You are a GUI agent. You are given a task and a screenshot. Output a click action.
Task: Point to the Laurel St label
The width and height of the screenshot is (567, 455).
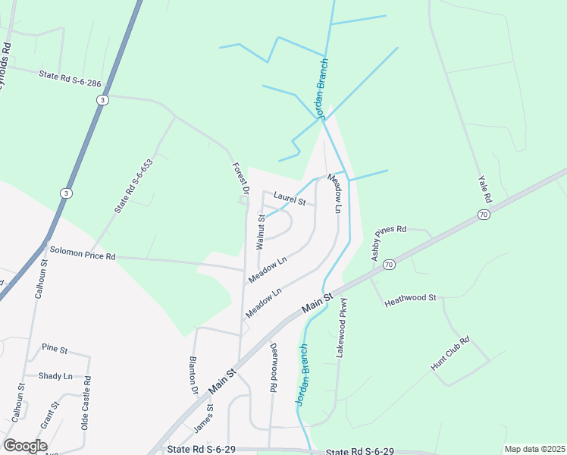(290, 199)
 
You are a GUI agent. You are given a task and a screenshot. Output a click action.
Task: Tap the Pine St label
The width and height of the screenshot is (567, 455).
(55, 349)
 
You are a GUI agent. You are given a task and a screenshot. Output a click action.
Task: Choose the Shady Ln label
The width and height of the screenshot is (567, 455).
(55, 375)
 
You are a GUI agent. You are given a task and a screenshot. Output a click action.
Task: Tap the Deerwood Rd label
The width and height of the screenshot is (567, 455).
(273, 368)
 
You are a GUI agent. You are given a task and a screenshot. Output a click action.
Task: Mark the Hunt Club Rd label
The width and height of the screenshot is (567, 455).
(451, 353)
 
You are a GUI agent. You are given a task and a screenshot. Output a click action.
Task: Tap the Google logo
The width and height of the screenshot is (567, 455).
(25, 445)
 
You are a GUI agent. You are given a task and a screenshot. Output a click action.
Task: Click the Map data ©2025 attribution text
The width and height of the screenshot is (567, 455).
(534, 449)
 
